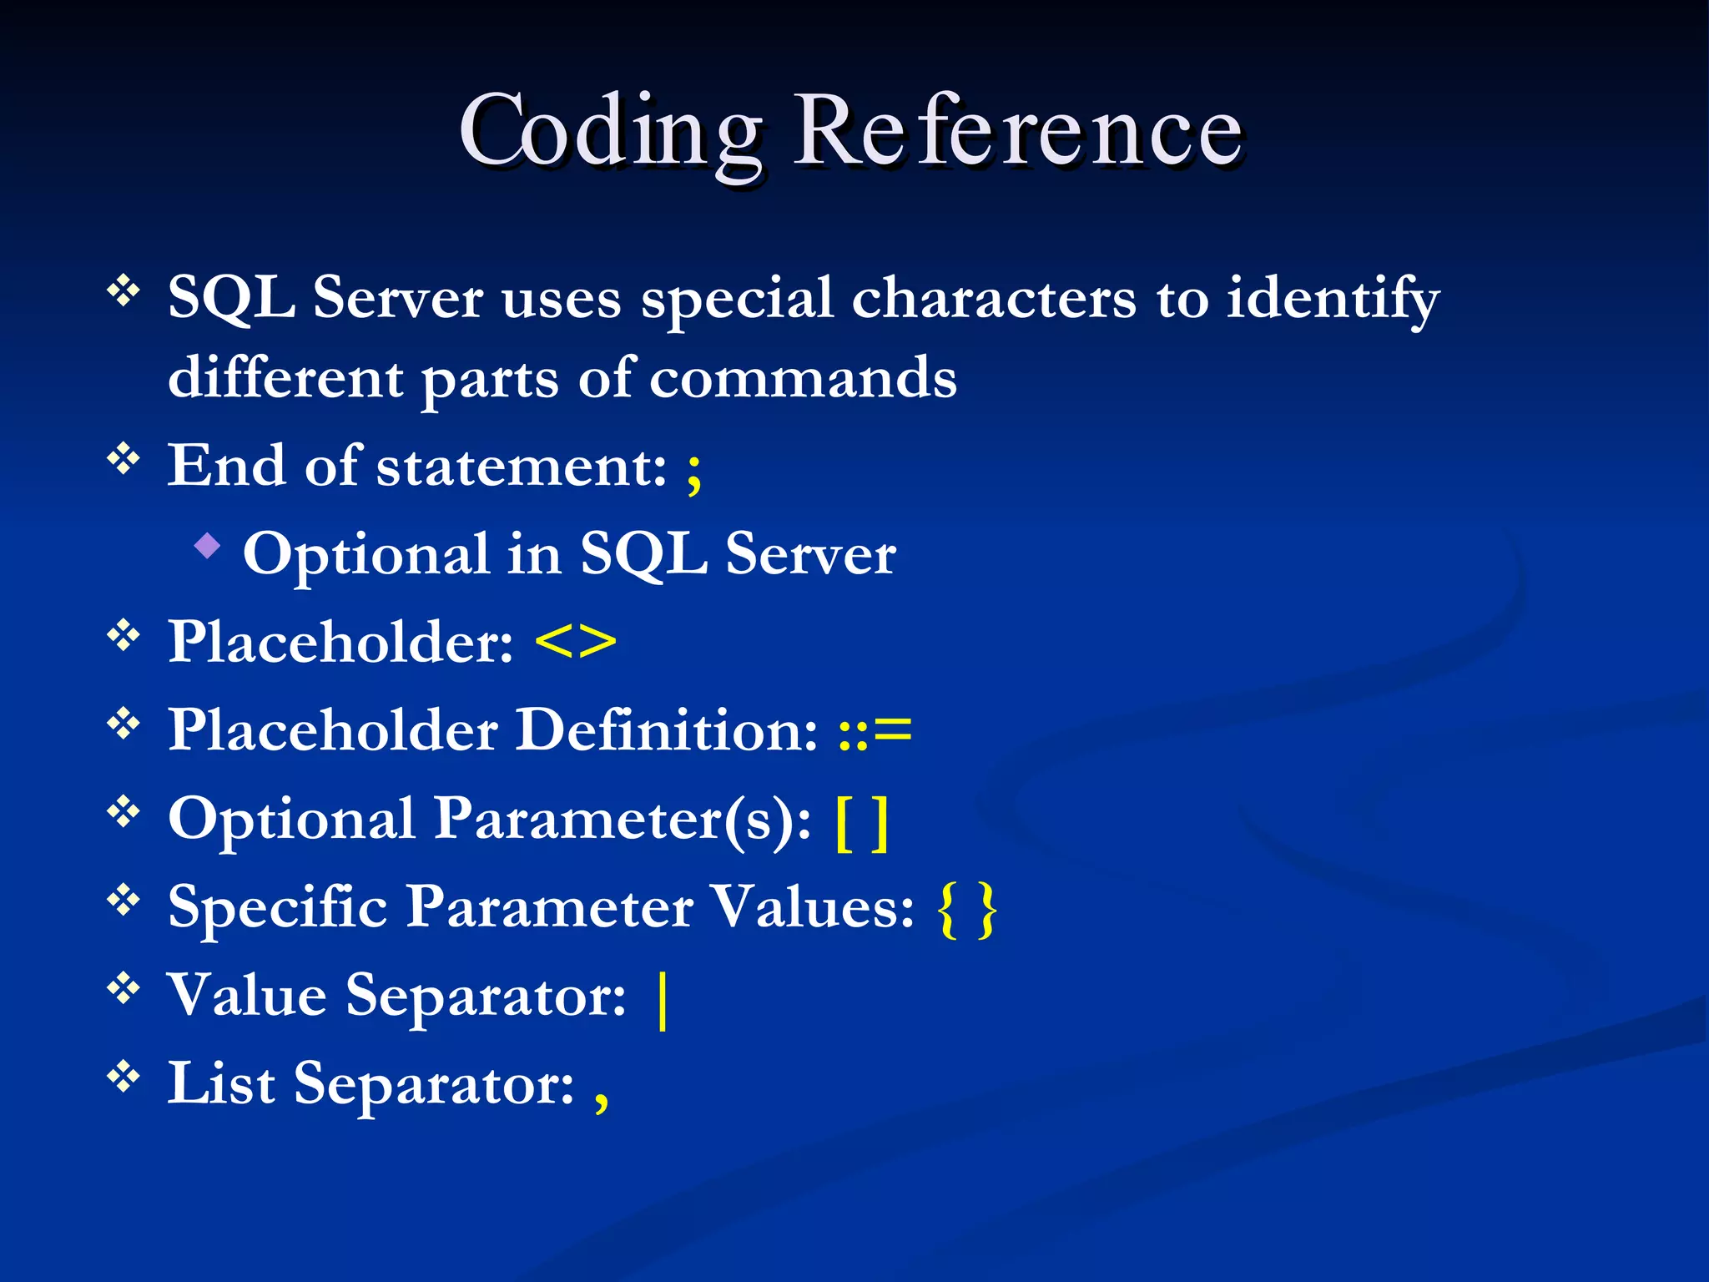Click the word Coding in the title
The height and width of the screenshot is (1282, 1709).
click(610, 132)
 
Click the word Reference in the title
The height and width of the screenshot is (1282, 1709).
click(1018, 132)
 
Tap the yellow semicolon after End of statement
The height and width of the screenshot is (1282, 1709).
click(693, 472)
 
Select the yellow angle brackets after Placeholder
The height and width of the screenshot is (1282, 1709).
click(576, 642)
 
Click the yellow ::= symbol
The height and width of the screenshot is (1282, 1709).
click(875, 730)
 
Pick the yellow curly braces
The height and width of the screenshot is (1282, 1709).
click(968, 911)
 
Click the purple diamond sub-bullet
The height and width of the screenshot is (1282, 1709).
click(207, 548)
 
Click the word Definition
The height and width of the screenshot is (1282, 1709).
click(667, 730)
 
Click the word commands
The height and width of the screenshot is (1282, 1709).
click(803, 378)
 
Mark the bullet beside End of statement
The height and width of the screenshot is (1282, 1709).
click(124, 459)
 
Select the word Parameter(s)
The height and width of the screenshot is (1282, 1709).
click(623, 820)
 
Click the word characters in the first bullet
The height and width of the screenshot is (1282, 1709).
click(993, 299)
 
